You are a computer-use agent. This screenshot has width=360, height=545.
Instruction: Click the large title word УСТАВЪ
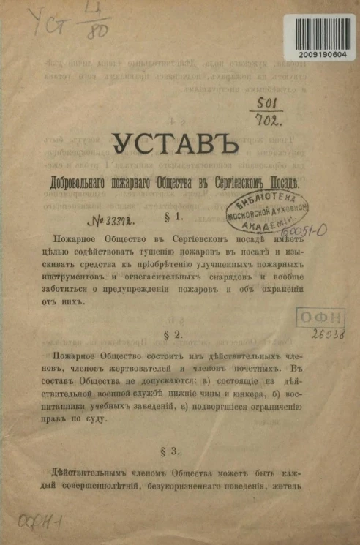180,146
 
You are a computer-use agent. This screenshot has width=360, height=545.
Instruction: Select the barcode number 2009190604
323,55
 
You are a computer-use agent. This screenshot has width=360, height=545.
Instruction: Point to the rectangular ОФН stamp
320,317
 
